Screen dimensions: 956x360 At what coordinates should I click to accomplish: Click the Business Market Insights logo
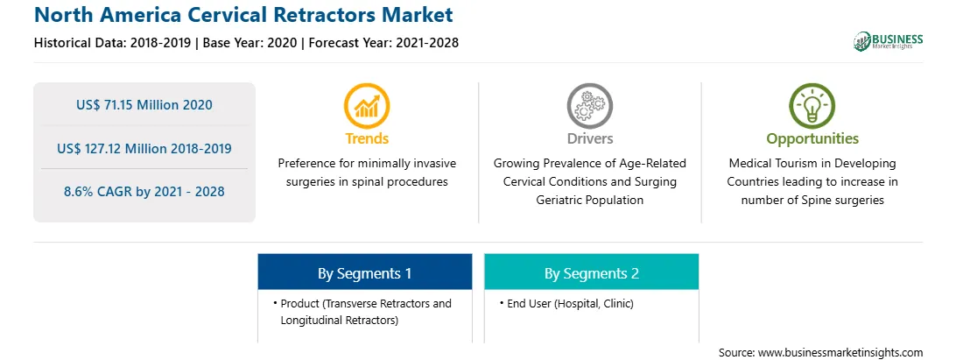(889, 41)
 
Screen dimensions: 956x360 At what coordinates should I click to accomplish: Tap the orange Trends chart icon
(367, 106)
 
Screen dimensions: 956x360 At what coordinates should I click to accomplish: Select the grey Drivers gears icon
(589, 106)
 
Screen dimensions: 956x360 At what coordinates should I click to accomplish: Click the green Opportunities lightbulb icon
(812, 106)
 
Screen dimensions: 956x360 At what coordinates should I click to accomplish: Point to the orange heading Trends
(367, 138)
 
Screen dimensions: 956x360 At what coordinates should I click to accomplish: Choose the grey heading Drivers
(589, 138)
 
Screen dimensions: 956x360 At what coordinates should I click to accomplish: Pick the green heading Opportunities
(812, 139)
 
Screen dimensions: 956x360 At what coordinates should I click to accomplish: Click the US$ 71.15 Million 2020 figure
(144, 105)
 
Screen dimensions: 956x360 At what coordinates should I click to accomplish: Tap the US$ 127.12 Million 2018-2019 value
(144, 148)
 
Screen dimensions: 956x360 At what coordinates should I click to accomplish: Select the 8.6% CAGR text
(144, 192)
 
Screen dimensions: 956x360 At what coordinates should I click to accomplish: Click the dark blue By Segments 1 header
(364, 272)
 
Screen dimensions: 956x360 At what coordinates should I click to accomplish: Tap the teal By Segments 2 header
(592, 272)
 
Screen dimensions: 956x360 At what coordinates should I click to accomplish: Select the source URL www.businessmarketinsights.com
(840, 352)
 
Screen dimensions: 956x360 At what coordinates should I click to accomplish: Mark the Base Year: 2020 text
(250, 43)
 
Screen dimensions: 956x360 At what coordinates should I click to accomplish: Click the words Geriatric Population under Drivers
(589, 200)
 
